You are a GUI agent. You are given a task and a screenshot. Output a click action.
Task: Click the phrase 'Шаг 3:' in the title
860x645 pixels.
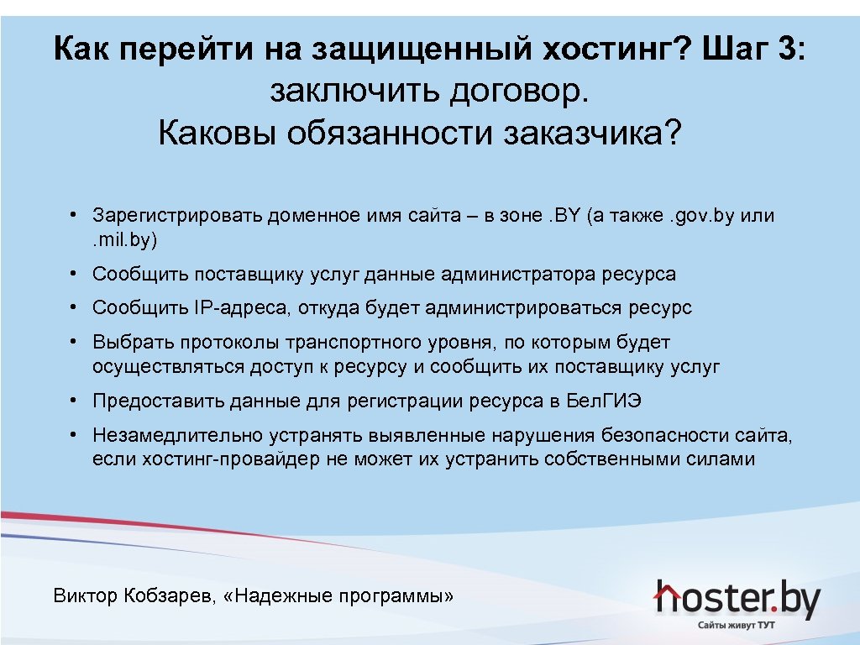pos(752,50)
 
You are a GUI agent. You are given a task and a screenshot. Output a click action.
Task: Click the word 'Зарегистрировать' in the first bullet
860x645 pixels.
pos(177,216)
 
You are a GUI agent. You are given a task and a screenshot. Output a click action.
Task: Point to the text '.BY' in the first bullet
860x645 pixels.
pos(564,216)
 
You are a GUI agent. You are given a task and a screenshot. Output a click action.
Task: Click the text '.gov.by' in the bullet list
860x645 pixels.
pos(700,216)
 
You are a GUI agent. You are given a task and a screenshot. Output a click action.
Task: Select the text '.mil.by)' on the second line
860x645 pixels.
pos(124,239)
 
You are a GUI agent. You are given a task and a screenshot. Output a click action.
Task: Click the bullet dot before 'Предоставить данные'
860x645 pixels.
pos(75,401)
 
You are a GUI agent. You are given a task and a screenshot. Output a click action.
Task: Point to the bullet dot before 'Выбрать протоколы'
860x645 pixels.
pos(75,342)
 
